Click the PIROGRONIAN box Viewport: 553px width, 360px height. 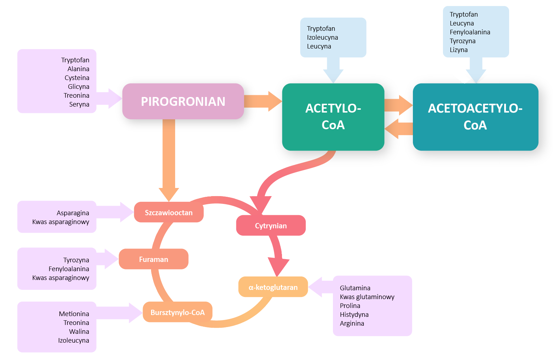183,101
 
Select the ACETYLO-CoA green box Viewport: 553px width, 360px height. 333,117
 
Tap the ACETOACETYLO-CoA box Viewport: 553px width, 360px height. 475,117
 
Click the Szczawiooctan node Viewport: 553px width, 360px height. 168,213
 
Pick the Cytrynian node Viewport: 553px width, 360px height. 271,226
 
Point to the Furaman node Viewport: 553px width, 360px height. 153,259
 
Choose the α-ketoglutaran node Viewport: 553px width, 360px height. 273,287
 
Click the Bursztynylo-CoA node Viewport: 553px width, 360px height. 177,313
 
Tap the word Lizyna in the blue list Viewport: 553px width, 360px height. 459,50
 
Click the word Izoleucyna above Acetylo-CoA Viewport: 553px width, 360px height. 322,38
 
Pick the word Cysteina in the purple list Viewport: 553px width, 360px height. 77,78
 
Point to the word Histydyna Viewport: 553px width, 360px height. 354,315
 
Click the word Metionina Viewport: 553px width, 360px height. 74,314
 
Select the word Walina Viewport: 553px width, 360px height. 79,332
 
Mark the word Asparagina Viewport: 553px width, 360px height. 73,213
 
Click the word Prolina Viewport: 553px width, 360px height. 350,306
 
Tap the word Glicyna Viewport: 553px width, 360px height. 79,87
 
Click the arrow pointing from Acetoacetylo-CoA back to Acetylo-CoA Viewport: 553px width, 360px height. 399,129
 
